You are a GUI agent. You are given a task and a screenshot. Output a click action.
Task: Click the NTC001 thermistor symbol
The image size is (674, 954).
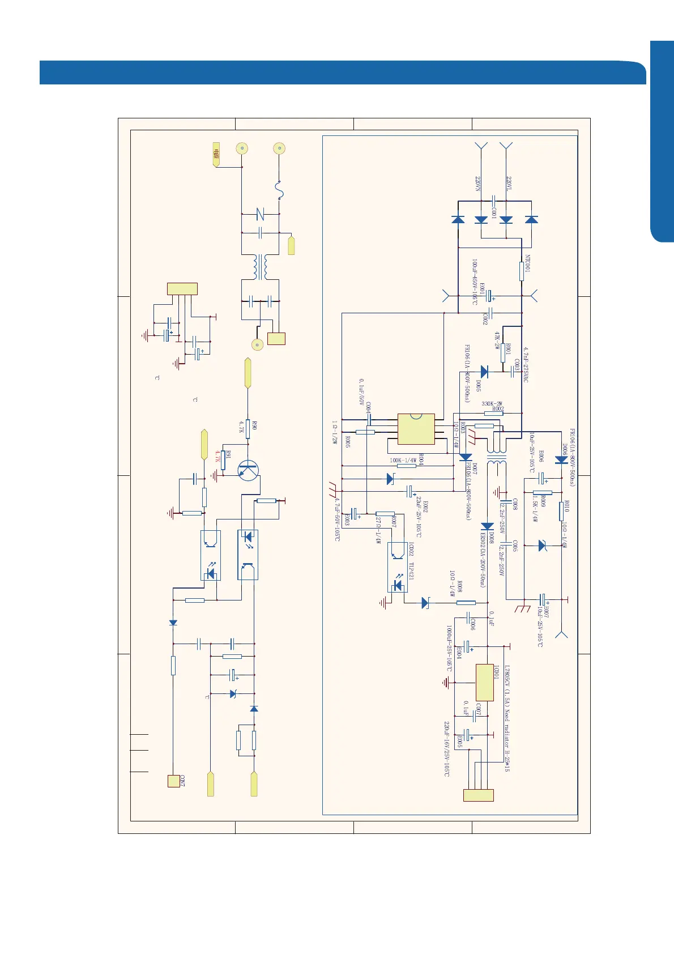tap(522, 271)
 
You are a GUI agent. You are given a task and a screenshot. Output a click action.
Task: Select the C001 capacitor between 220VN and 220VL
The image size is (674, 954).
tap(494, 201)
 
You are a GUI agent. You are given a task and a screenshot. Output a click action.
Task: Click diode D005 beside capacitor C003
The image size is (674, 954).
tap(484, 372)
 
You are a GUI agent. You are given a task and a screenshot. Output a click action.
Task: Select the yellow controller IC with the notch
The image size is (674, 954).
tap(416, 429)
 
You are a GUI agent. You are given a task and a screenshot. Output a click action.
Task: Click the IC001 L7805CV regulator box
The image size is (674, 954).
tap(484, 683)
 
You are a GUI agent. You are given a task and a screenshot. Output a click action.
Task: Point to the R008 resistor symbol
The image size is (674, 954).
tap(466, 603)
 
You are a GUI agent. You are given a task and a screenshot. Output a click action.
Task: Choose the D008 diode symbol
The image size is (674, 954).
tap(486, 526)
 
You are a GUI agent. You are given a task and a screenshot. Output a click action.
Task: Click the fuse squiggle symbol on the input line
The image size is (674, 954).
tap(279, 190)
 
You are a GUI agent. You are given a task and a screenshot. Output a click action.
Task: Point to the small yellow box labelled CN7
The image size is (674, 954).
tap(173, 781)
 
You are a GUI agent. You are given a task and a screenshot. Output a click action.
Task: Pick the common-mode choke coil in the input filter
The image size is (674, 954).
tap(260, 266)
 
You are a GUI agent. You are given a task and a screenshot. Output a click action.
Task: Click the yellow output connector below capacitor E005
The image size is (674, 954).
tap(479, 795)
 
